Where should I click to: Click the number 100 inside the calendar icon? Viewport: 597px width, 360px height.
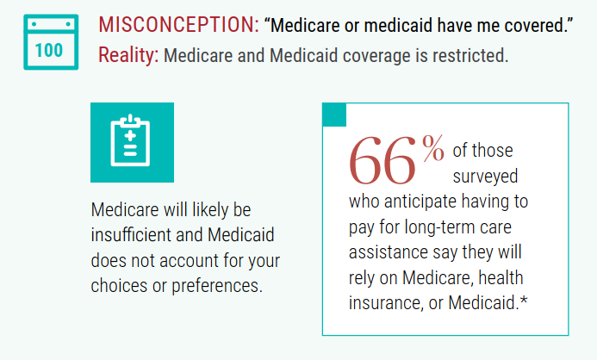49,50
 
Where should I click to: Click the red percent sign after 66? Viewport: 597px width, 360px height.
432,148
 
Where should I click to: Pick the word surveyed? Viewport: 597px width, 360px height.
484,177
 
